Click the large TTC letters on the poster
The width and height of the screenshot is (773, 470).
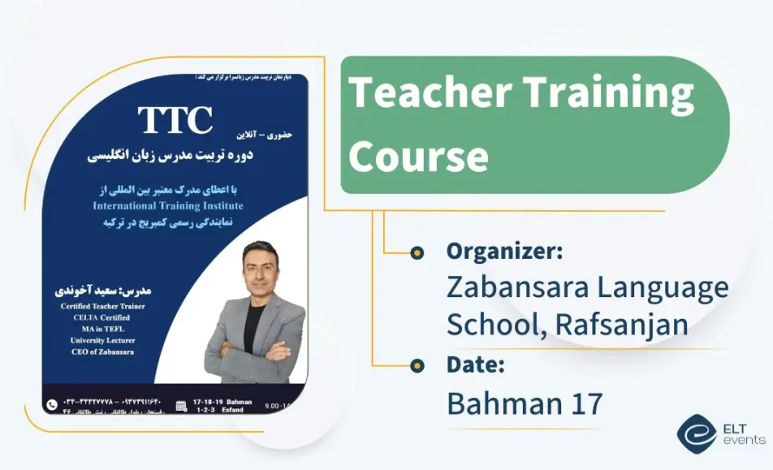175,119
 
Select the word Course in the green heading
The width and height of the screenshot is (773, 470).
418,153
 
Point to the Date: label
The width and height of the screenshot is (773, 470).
476,364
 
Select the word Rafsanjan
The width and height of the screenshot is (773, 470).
622,323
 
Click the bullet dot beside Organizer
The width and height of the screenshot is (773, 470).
417,252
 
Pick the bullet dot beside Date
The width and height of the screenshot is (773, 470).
417,364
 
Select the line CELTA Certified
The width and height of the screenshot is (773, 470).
95,317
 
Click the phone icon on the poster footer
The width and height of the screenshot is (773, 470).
53,403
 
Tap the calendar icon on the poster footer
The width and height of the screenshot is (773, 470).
181,404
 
